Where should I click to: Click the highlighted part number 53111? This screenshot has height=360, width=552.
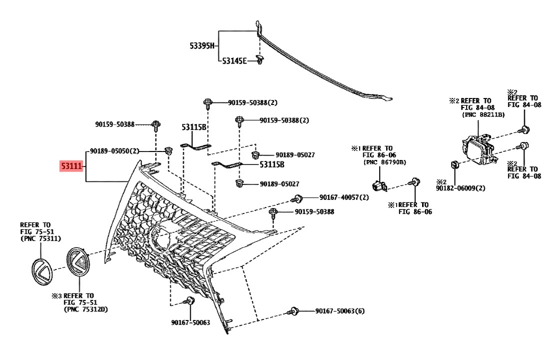[x=71, y=165]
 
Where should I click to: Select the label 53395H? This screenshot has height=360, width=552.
[x=202, y=46]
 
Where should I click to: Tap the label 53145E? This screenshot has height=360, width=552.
[x=234, y=61]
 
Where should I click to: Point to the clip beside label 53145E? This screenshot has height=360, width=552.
[x=260, y=59]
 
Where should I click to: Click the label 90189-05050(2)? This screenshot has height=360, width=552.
[x=114, y=151]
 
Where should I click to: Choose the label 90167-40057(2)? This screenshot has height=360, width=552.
[x=344, y=197]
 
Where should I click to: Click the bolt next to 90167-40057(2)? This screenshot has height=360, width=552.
[x=296, y=199]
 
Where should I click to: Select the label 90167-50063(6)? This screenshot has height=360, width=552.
[x=340, y=311]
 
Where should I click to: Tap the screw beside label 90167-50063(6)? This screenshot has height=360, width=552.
[x=293, y=311]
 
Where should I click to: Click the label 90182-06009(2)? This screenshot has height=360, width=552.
[x=461, y=188]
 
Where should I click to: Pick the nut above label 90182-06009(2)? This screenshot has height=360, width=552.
[x=454, y=165]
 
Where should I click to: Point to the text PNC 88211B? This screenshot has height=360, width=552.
[x=483, y=114]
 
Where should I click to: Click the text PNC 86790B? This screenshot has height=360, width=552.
[x=385, y=162]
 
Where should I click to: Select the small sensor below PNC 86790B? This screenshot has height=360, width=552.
[x=380, y=185]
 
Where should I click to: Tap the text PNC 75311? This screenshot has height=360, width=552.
[x=40, y=239]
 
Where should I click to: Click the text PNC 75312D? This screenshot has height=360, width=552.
[x=86, y=309]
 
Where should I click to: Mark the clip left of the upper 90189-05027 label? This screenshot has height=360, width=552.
[x=256, y=154]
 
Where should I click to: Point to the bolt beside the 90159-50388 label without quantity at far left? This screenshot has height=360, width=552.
[x=156, y=124]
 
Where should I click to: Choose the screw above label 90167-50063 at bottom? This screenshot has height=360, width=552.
[x=189, y=301]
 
